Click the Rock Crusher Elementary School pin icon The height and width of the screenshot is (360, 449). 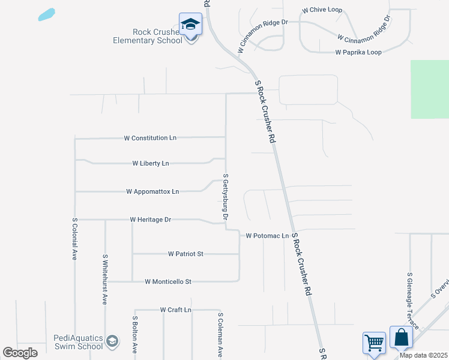click(190, 25)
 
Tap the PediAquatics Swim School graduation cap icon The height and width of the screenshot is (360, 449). click(111, 342)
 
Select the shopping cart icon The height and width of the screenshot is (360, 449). click(374, 343)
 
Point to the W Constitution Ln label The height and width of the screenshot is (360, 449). click(150, 138)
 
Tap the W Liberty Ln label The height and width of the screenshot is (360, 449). click(151, 163)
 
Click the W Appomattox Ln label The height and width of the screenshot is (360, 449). click(152, 192)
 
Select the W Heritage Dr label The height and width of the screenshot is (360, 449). click(151, 220)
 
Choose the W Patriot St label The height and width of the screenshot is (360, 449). click(185, 254)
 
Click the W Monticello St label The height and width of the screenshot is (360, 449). click(168, 281)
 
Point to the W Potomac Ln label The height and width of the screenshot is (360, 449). click(267, 236)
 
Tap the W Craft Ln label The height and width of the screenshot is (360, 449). click(175, 310)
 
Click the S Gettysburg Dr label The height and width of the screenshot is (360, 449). click(226, 196)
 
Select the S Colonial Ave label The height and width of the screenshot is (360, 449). click(75, 238)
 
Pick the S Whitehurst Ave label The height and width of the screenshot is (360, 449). click(104, 279)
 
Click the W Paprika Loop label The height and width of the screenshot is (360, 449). click(358, 52)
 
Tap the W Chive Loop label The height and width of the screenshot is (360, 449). click(322, 10)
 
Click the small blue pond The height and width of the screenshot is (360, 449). click(46, 14)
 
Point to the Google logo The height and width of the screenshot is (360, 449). click(20, 353)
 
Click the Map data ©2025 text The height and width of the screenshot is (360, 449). click(423, 355)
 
